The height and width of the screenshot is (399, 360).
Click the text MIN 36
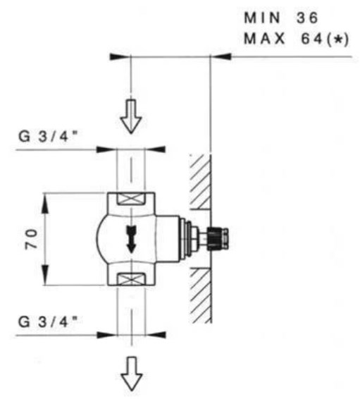(281, 18)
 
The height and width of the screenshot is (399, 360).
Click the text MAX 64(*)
(296, 39)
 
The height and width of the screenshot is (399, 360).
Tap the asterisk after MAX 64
(338, 39)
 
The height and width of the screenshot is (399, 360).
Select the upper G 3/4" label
(47, 136)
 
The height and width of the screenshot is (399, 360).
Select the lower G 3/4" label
(47, 321)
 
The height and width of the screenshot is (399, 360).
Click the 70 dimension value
(31, 239)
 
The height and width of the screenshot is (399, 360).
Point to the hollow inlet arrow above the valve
(131, 116)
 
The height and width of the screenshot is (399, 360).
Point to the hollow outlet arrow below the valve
(132, 374)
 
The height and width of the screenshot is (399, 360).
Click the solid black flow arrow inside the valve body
(132, 240)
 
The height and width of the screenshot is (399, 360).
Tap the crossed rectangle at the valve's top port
(130, 199)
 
